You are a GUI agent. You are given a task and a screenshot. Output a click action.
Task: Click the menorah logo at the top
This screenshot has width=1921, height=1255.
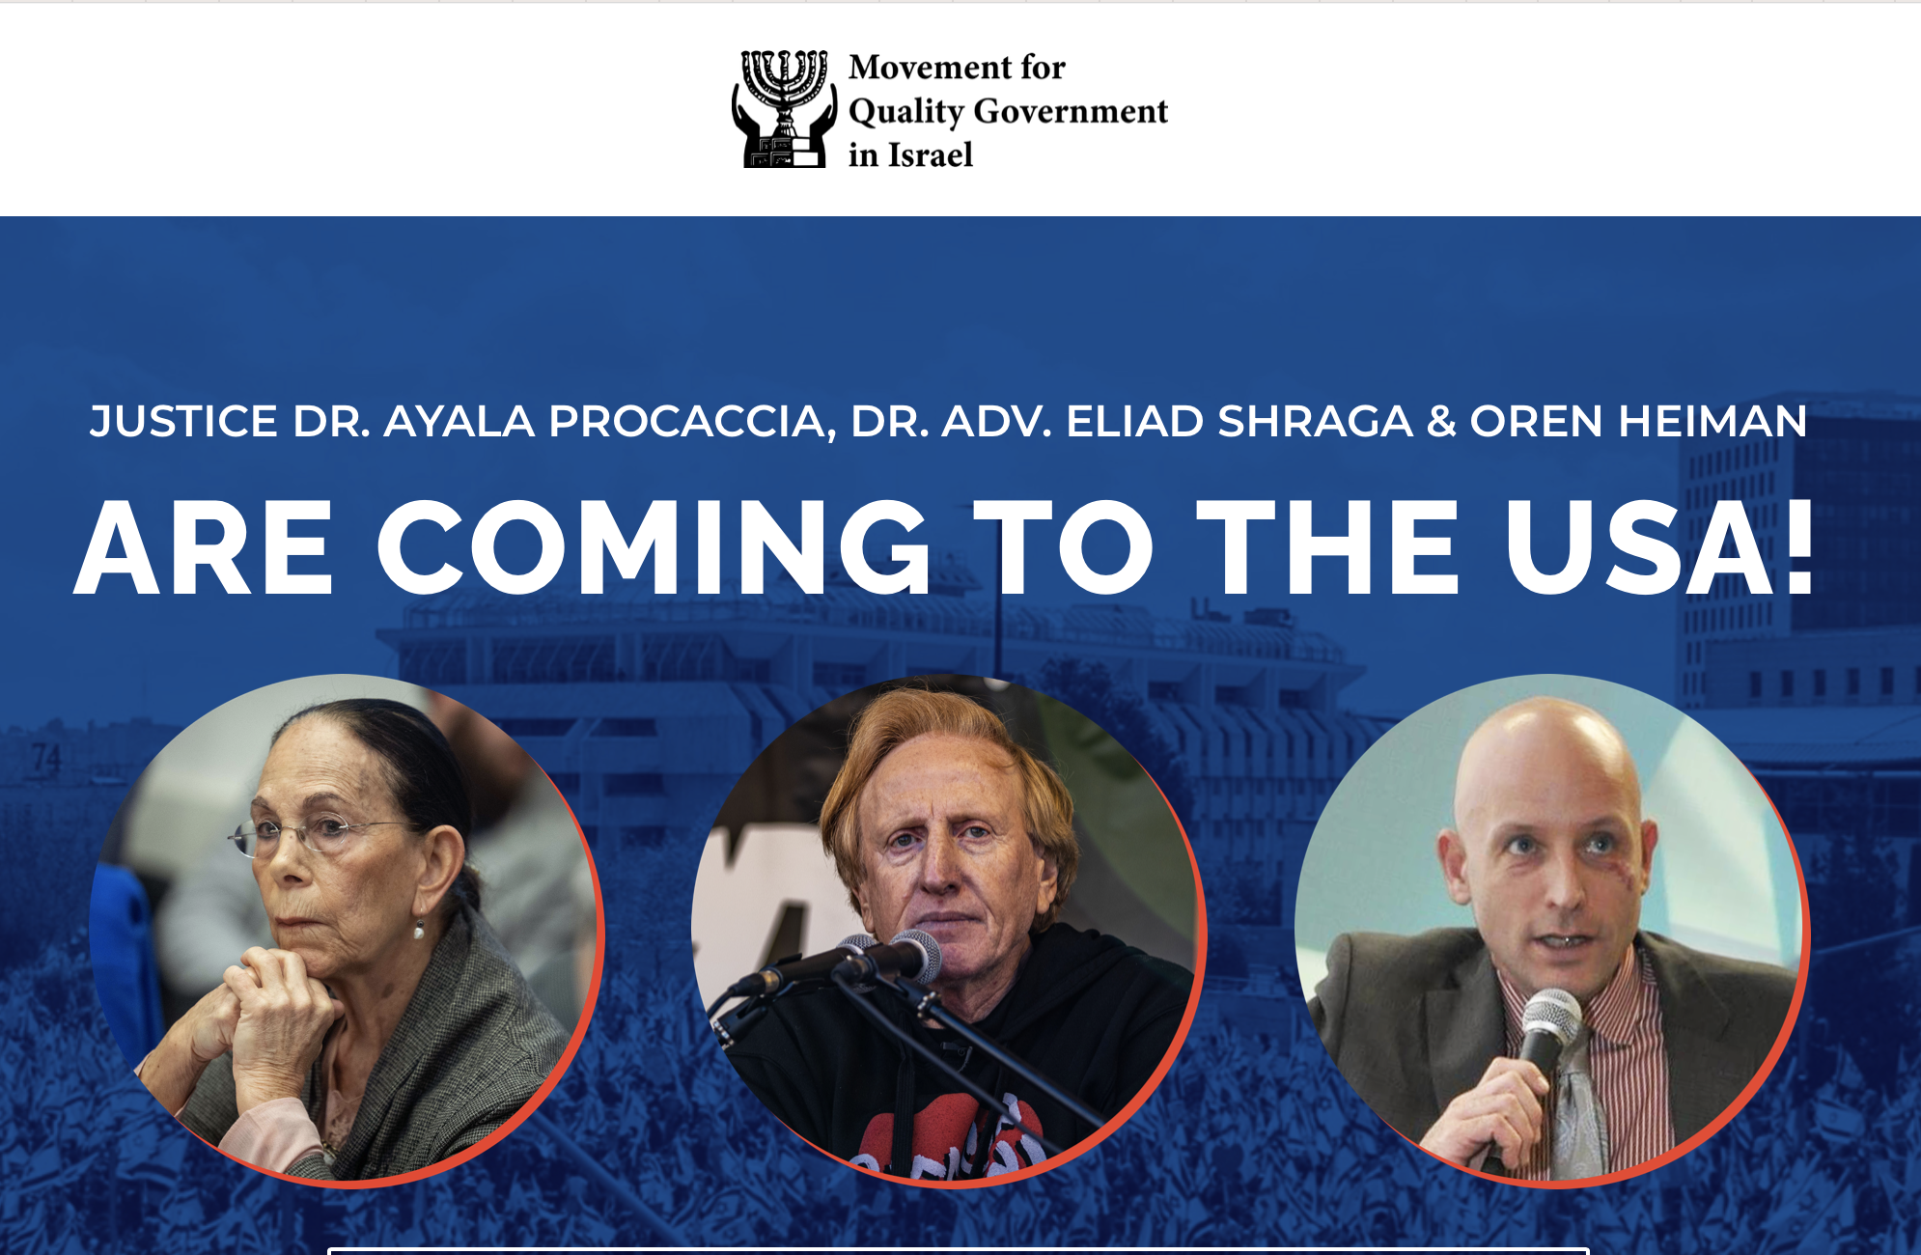784,109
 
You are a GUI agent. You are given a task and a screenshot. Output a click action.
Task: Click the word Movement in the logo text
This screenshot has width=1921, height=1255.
930,68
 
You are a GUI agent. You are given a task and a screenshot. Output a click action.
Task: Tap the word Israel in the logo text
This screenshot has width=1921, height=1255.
930,154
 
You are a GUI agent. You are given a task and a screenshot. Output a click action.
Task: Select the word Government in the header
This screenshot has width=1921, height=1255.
1071,111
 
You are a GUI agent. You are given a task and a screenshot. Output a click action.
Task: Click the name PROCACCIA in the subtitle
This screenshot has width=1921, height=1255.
687,422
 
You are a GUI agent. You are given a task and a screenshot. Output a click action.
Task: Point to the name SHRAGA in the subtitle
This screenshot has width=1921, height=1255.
1315,422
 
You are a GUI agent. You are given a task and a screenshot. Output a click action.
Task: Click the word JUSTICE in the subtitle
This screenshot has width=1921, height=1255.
183,422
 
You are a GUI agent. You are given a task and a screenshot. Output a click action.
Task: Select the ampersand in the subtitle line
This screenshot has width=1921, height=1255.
1440,422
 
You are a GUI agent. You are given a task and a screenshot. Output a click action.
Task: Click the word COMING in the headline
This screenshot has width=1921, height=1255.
654,547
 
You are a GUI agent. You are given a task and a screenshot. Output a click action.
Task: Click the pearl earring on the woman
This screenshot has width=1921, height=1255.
419,931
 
